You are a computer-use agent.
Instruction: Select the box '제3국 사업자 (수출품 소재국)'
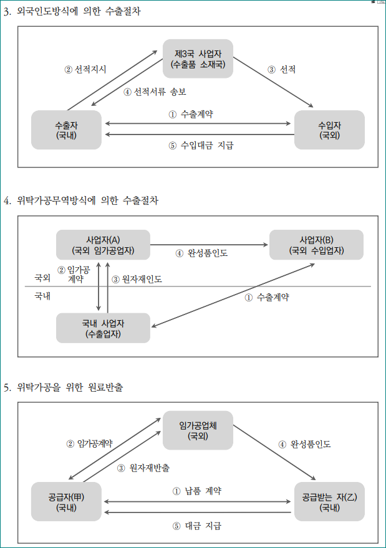click(198, 59)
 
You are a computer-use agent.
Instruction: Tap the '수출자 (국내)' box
click(66, 130)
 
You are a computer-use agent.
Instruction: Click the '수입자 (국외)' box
click(329, 130)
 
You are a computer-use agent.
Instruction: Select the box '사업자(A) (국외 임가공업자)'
click(103, 245)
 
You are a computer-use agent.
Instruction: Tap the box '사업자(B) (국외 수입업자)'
click(316, 245)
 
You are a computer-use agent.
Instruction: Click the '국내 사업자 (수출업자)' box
click(103, 328)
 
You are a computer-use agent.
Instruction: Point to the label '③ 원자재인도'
click(137, 280)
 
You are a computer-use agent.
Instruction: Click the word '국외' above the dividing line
click(42, 278)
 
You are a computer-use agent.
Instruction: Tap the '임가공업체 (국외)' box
click(198, 430)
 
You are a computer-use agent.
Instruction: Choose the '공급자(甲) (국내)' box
click(66, 502)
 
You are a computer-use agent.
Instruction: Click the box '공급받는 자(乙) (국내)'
click(329, 502)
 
